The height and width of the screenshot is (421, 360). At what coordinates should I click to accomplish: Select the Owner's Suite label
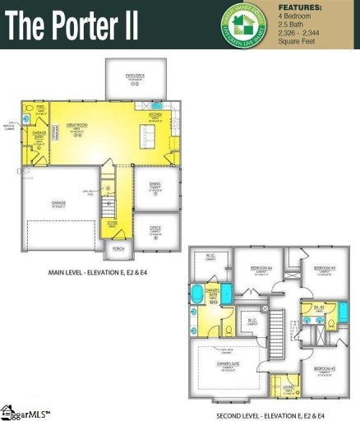(x=228, y=363)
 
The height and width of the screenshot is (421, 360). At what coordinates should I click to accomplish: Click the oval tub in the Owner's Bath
(x=198, y=292)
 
